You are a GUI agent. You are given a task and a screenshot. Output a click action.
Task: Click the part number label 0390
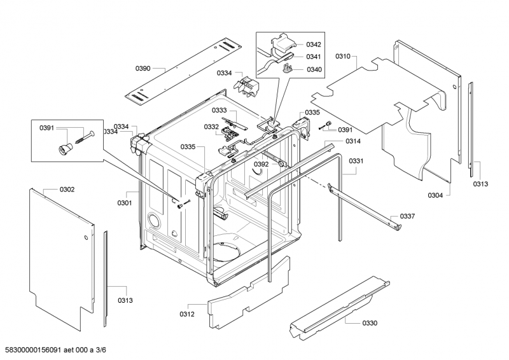(x=143, y=68)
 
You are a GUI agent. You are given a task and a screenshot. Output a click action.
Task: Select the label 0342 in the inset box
(x=314, y=45)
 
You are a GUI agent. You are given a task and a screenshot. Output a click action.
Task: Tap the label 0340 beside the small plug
(x=314, y=69)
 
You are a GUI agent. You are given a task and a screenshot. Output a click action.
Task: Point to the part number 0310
(x=343, y=57)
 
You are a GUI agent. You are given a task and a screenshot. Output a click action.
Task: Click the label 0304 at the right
(x=435, y=195)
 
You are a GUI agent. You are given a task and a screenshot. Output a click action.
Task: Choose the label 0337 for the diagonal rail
(x=407, y=216)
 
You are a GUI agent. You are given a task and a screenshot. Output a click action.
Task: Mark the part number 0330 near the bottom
(x=370, y=323)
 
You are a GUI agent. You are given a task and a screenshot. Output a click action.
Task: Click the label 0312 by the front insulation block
(x=187, y=314)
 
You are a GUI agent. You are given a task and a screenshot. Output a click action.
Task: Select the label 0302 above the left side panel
(x=67, y=190)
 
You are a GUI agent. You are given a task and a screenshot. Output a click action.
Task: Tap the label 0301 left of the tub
(x=125, y=203)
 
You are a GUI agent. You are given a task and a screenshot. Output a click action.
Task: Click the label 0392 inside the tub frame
(x=261, y=164)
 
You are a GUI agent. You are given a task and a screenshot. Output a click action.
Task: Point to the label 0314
(x=353, y=141)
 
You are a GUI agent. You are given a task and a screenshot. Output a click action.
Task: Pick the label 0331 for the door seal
(x=356, y=161)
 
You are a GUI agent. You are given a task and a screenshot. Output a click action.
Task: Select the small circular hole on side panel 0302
(x=86, y=237)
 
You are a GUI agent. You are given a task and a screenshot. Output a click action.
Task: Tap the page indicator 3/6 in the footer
(x=101, y=350)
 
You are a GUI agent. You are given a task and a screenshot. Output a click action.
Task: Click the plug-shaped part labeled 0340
(x=288, y=69)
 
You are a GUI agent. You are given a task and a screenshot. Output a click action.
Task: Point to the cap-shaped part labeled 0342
(x=282, y=41)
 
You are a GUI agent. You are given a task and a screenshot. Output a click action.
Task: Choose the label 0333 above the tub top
(x=220, y=111)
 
